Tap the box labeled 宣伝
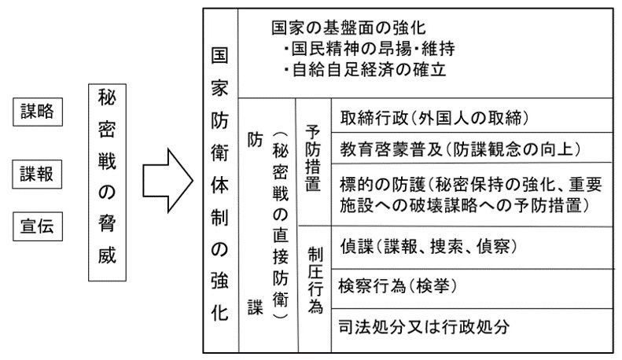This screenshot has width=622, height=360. point(37,228)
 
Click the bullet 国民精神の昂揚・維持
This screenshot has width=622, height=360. point(370,48)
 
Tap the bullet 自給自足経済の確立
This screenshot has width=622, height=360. point(366,69)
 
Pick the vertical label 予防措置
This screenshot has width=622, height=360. point(314,157)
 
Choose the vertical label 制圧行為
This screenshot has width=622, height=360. point(314,280)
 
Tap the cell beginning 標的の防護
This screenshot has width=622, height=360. point(471,194)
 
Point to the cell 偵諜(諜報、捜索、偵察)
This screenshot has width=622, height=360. point(429,245)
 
